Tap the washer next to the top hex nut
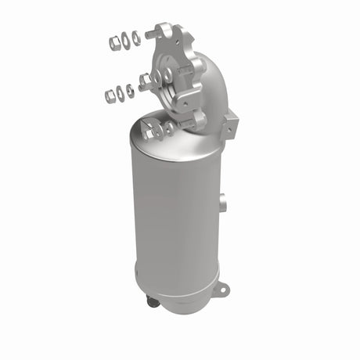[126, 37]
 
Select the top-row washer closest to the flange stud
[137, 36]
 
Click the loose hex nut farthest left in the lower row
[110, 95]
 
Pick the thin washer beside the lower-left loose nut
[121, 93]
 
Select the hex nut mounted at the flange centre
[146, 79]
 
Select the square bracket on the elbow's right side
[232, 121]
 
